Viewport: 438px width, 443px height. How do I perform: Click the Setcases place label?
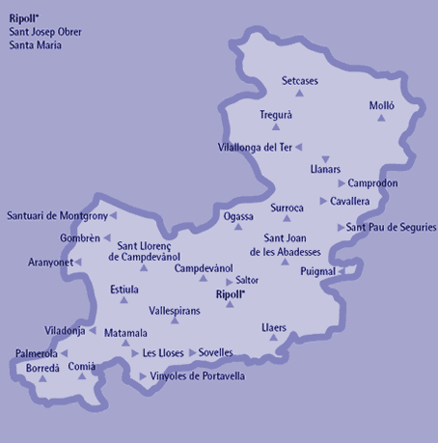[x=300, y=80]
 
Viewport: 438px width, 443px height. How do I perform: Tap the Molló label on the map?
[x=381, y=104]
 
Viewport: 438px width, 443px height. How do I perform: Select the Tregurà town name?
[x=276, y=115]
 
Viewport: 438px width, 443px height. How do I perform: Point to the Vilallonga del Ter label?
[x=255, y=147]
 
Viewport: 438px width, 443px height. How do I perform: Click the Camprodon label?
[x=373, y=182]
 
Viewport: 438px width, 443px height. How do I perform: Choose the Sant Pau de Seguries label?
[x=391, y=227]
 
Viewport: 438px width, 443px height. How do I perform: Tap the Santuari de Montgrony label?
[x=57, y=215]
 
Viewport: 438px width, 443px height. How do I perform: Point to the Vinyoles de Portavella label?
[x=198, y=375]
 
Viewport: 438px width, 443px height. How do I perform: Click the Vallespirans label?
[x=174, y=312]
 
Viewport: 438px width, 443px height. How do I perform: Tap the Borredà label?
[x=42, y=368]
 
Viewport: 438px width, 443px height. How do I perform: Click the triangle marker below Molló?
[x=381, y=118]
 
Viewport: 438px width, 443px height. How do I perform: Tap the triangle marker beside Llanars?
[x=325, y=158]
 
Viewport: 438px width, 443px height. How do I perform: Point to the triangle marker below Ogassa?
[x=237, y=228]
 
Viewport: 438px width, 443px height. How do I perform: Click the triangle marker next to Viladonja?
[x=94, y=331]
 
